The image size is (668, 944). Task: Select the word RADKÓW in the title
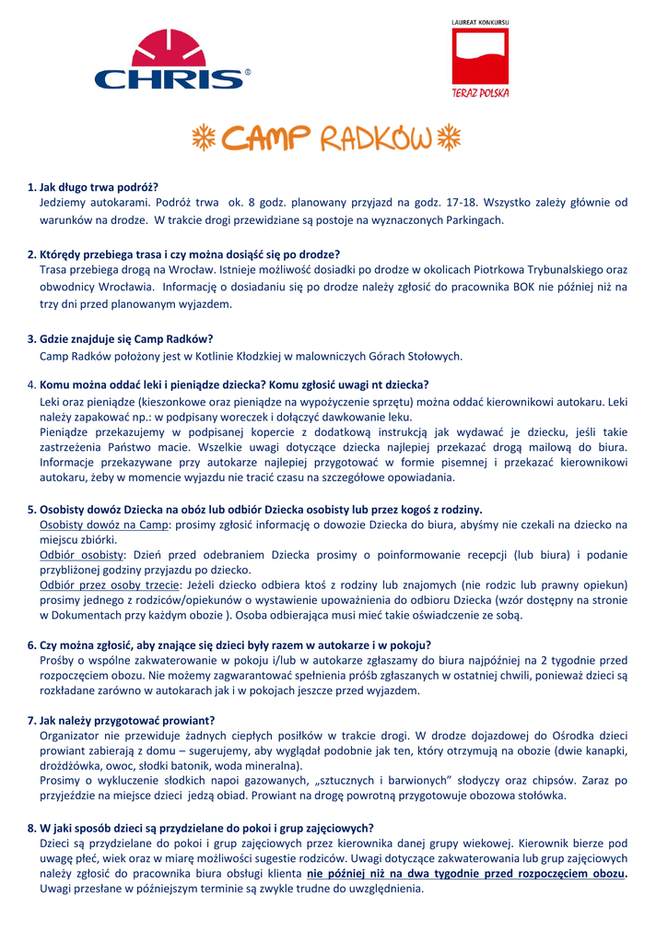(375, 139)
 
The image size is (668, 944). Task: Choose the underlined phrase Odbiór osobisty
(82, 555)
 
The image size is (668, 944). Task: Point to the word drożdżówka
(67, 765)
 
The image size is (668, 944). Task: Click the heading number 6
(31, 644)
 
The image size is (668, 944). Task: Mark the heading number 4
(31, 384)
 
